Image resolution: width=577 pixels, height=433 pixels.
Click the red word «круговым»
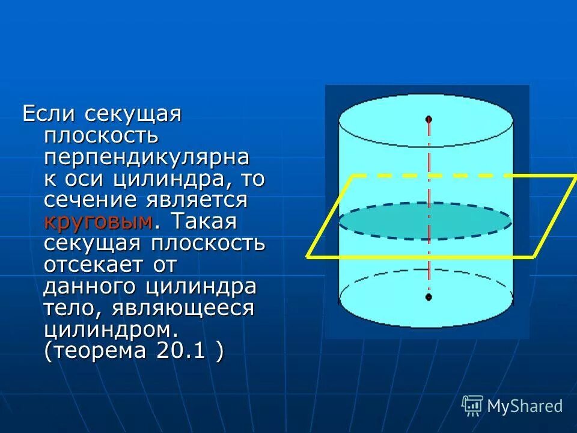coord(98,223)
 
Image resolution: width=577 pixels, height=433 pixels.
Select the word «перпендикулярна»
coord(146,158)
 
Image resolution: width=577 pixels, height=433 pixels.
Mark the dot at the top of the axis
coord(429,119)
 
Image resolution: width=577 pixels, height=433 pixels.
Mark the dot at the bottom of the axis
coord(429,297)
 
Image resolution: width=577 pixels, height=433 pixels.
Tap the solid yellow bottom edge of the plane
coord(421,257)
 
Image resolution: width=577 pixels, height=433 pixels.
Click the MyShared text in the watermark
coord(525,406)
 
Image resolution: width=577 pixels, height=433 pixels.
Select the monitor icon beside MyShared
coord(472,406)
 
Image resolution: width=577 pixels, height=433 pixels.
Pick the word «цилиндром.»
coord(111,330)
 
